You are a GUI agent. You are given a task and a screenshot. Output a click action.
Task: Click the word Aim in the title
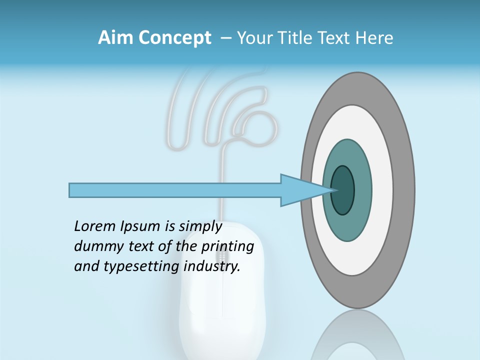[114, 38]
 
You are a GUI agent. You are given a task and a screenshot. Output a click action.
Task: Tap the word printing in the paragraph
[226, 247]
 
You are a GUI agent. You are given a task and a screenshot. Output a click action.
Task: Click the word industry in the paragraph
[212, 266]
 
